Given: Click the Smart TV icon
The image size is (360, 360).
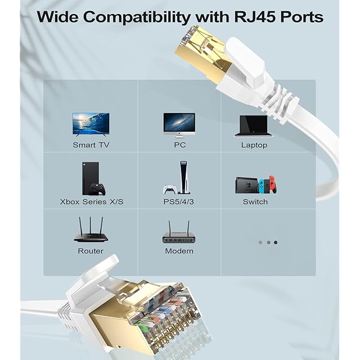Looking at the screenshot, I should pos(91,124).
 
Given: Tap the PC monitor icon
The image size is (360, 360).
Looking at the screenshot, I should pos(179,124).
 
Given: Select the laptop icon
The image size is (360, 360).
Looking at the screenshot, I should pos(254,125).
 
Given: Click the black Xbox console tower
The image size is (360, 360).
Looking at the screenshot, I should pos(90,177).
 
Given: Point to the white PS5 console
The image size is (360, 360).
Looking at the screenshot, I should pos(182,177).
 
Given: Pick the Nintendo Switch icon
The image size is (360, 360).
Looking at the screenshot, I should pos(255,185).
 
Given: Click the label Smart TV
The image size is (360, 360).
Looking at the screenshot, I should pos(91,145).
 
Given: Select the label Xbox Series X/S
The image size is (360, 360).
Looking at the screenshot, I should pos(91,201).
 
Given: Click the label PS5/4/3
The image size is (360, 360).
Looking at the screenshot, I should pos(179,201).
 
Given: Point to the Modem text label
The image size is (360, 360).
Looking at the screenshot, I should pos(179,251).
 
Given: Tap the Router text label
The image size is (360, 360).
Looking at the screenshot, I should pos(91,251).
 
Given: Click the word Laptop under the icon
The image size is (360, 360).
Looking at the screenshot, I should pos(254,145).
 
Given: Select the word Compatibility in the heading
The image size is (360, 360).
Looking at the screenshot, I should pos(139,17).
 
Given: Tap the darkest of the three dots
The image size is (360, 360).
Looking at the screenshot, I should pos(276,242).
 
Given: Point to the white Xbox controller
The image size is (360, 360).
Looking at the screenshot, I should pos(99,188).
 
